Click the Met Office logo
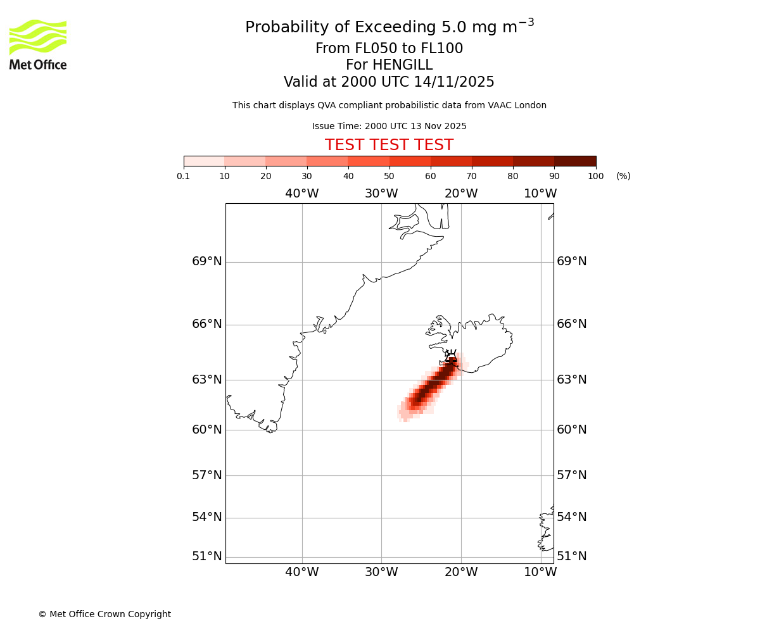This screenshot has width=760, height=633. tap(38, 45)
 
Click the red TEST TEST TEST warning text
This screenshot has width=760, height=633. tap(389, 146)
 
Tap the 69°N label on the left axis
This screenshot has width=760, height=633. tap(207, 261)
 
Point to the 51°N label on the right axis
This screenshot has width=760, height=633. tap(571, 556)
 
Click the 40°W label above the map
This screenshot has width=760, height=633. tap(301, 194)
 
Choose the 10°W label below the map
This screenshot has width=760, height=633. tap(540, 572)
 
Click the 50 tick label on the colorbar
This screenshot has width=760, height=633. tap(389, 176)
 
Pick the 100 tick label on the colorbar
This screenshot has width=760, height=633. tap(595, 176)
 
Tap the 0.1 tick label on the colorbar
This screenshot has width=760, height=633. tap(184, 176)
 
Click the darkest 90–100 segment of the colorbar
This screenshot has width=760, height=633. tap(575, 161)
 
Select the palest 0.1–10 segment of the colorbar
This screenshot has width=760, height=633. tap(204, 161)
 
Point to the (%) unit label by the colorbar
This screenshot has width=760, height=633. tap(623, 176)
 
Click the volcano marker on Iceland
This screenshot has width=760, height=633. tap(451, 356)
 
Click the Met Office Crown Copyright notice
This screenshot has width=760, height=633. tap(104, 614)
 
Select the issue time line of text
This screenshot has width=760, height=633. tap(389, 127)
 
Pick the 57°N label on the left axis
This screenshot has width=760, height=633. tap(207, 475)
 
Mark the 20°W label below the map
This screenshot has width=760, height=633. tap(461, 572)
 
